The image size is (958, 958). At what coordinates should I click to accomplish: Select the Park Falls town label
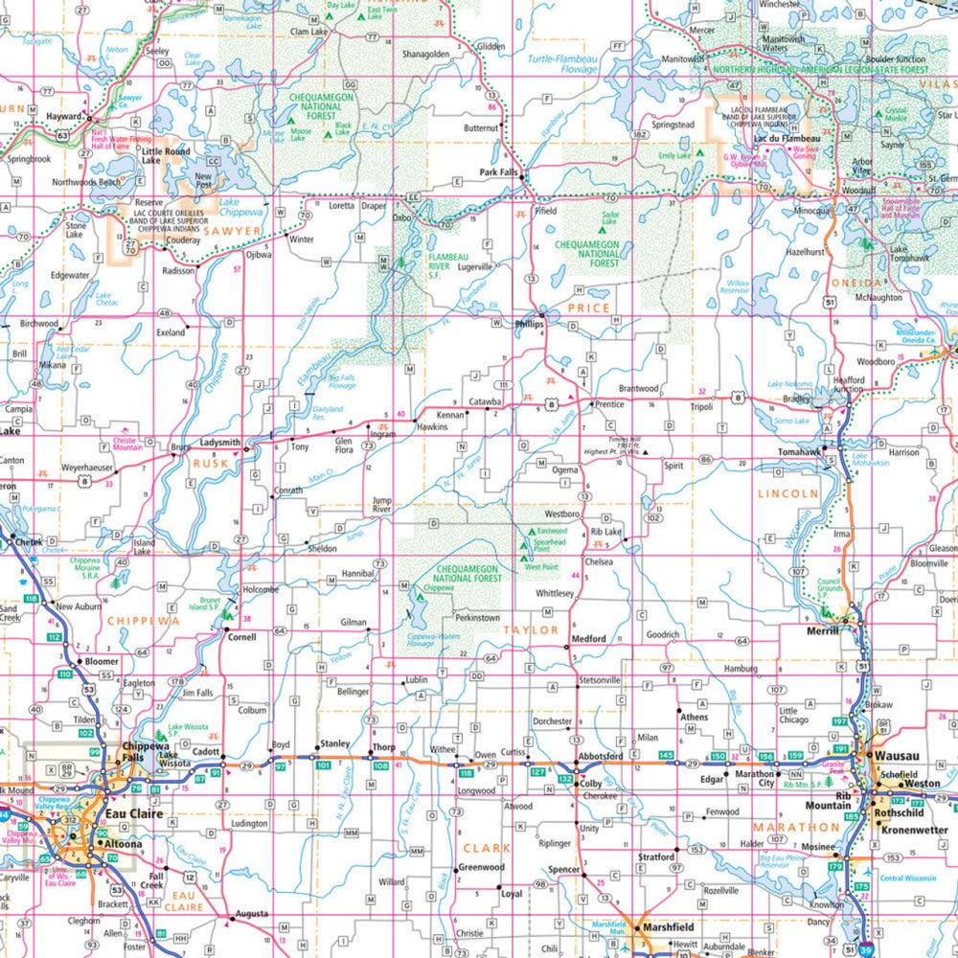tap(499, 173)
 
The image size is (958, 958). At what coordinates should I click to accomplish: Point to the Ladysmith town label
tap(220, 443)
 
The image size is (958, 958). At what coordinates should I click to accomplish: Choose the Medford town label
tap(588, 639)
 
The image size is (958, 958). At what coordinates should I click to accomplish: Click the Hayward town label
tap(64, 117)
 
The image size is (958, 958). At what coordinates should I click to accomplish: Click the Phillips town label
tap(530, 325)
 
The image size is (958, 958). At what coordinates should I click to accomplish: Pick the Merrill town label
tap(820, 629)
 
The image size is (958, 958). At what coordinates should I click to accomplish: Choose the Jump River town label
tap(381, 505)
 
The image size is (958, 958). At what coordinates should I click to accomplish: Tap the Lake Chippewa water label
tap(241, 206)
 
